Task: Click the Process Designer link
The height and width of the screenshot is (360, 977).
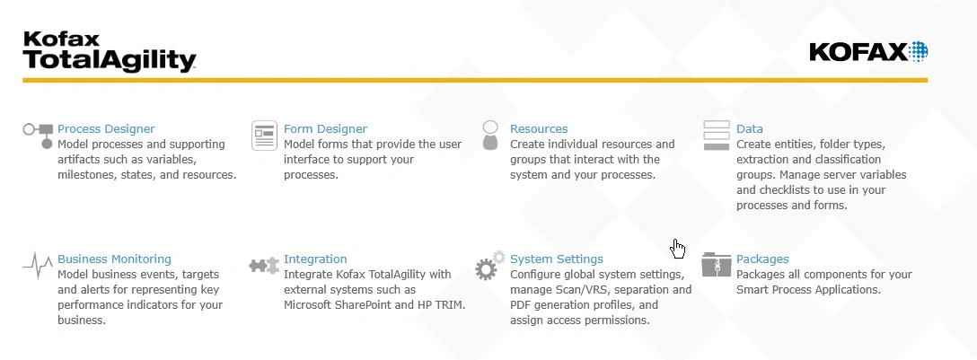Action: pos(106,129)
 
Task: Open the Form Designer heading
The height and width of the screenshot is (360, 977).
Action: pos(325,129)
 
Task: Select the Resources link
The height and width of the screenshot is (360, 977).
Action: pos(539,129)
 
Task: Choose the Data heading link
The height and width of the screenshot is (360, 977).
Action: pos(750,129)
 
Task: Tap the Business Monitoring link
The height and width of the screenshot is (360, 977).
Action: pos(114,259)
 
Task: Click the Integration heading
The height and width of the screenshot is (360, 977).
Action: pos(315,259)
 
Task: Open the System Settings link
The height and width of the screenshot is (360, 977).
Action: pos(557,259)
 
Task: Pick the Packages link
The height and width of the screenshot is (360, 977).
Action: pos(762,259)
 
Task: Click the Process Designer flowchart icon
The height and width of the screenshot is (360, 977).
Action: pos(39,136)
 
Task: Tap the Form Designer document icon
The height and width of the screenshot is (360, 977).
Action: pos(264,136)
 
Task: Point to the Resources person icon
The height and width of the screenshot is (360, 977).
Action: pos(490,136)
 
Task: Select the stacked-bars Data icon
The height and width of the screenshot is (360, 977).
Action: pos(716,136)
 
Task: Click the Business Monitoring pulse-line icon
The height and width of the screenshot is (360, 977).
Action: pos(38,266)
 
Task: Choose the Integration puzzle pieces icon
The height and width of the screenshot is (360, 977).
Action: pos(264,266)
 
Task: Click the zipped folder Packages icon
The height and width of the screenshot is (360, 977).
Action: pos(716,264)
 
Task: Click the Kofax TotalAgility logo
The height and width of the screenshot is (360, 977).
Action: pos(110,52)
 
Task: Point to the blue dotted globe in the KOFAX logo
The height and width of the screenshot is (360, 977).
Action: pos(918,52)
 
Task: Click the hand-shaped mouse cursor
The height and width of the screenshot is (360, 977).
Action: pos(677,248)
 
